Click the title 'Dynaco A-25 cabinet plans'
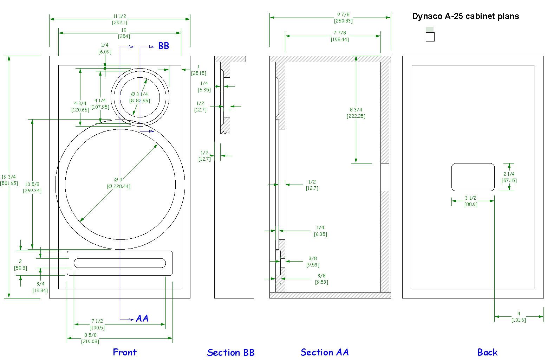pos(465,16)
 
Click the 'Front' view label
pos(124,352)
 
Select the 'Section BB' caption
pos(231,352)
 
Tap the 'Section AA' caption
pos(325,352)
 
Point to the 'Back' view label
pos(487,352)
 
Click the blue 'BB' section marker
pos(164,46)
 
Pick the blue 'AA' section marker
pos(142,318)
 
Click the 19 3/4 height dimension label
pos(9,180)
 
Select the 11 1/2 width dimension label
pos(120,19)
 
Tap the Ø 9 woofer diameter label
pos(118,183)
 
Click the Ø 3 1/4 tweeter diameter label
pos(139,97)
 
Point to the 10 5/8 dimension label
pos(32,187)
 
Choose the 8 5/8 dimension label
pos(90,338)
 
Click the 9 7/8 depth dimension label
pos(343,18)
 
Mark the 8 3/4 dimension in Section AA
pos(356,113)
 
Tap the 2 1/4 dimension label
pos(509,177)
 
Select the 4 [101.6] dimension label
pos(519,317)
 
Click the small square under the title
pos(430,37)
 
